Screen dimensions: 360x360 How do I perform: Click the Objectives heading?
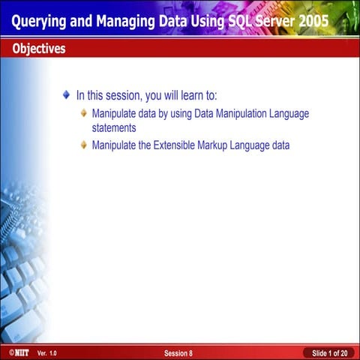[x=38, y=49]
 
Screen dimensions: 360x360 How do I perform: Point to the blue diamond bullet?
[x=67, y=96]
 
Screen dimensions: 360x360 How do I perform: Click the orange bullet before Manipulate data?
[x=83, y=114]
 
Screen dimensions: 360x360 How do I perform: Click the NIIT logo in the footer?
[x=15, y=352]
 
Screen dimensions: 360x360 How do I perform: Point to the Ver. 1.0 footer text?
[x=46, y=352]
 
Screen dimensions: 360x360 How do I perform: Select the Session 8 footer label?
[x=178, y=352]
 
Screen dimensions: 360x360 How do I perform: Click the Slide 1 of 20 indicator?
[x=328, y=352]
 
